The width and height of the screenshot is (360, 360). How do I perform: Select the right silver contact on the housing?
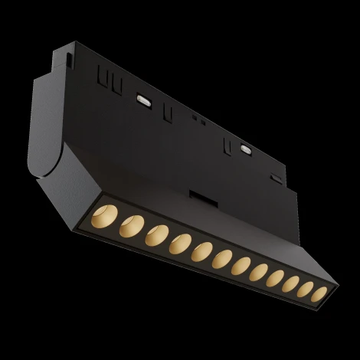pos(244,149)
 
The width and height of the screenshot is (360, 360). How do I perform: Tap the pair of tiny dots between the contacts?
pos(197,119)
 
